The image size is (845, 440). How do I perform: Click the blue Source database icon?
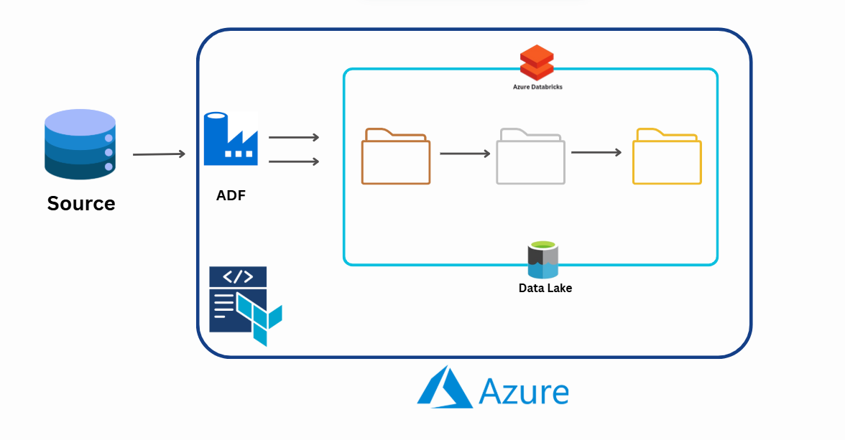click(80, 144)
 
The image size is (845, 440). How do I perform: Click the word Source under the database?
click(81, 204)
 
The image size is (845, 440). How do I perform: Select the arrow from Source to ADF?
click(159, 154)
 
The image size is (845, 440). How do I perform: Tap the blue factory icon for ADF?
click(230, 139)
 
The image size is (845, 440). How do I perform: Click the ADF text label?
click(231, 195)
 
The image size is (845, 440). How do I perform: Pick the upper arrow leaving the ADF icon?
click(293, 137)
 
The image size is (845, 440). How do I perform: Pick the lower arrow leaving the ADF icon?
click(293, 162)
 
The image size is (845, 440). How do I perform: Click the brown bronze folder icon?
click(396, 157)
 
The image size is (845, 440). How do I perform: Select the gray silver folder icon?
click(530, 157)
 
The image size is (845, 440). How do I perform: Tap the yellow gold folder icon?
click(667, 157)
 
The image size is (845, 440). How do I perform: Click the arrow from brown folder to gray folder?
click(465, 154)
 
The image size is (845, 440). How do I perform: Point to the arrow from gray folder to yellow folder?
click(596, 152)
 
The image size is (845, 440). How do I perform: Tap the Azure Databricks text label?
click(537, 87)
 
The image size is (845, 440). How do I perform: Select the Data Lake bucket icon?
click(543, 260)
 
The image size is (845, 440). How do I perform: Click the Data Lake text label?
click(545, 289)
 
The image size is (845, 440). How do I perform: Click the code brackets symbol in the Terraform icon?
click(237, 277)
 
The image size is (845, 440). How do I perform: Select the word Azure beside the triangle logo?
click(524, 393)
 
